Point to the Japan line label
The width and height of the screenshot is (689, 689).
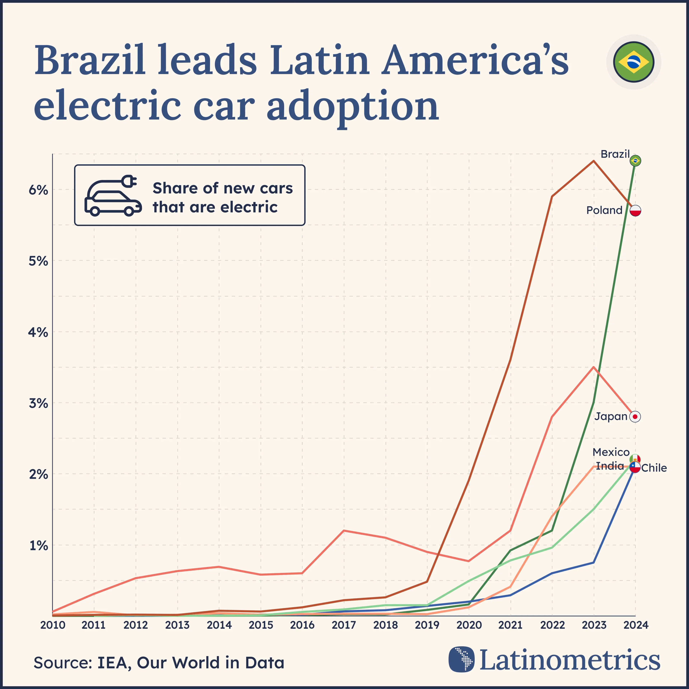pos(611,416)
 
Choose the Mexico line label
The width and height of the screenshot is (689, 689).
pos(611,452)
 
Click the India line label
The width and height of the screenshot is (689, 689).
pos(610,466)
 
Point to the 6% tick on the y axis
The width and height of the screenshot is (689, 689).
pos(38,190)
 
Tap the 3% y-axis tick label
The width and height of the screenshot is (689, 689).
pos(38,403)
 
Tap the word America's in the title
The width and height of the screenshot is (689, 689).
pos(474,60)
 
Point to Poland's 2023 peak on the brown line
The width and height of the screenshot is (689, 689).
pos(593,161)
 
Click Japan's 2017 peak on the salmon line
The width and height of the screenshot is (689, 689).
pos(344,531)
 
